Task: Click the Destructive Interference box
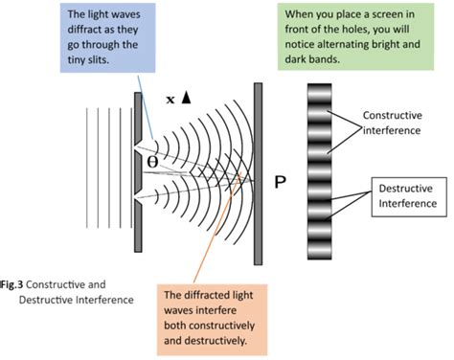click(x=405, y=196)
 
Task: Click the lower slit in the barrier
click(x=142, y=198)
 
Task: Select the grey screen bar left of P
click(x=259, y=173)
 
